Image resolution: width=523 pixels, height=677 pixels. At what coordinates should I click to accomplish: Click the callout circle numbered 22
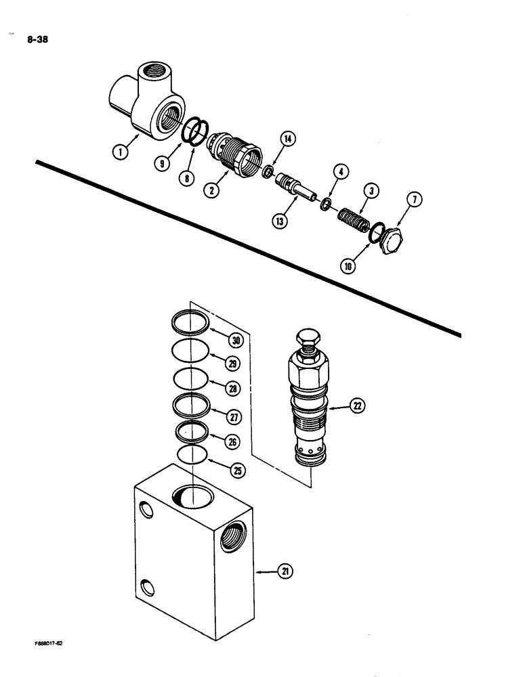(357, 406)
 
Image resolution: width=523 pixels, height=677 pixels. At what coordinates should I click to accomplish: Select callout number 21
(284, 573)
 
